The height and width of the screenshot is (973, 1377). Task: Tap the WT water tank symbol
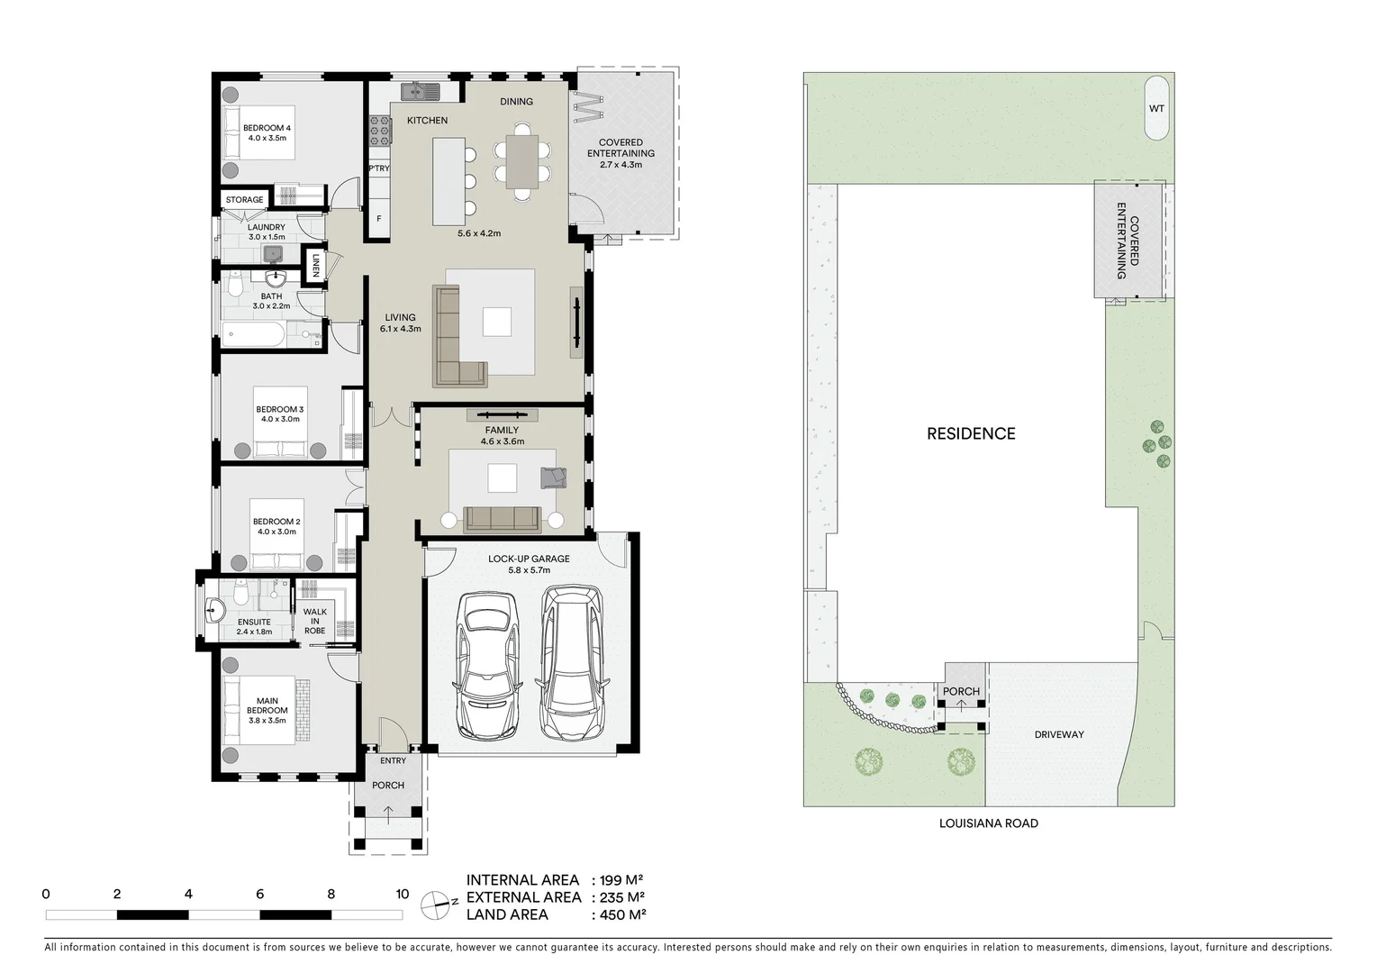click(1156, 108)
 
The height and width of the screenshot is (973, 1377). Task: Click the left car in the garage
click(487, 664)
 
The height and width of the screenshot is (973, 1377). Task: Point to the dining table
click(522, 160)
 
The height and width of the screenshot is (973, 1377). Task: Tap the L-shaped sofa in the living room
click(455, 338)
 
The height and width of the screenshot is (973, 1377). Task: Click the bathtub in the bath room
click(255, 337)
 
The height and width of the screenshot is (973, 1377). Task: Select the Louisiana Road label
click(988, 823)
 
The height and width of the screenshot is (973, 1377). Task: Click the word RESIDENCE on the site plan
click(971, 433)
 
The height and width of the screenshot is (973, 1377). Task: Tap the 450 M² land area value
click(619, 914)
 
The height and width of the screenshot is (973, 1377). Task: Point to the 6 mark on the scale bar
click(259, 895)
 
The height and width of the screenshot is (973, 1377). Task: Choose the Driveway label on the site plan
click(1058, 734)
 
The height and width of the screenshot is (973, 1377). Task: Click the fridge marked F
click(378, 218)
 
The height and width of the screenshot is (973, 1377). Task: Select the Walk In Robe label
click(314, 621)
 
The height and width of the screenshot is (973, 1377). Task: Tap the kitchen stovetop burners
click(379, 132)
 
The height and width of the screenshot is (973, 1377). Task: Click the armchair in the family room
click(552, 477)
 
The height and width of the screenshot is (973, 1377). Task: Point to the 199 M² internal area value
click(619, 880)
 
